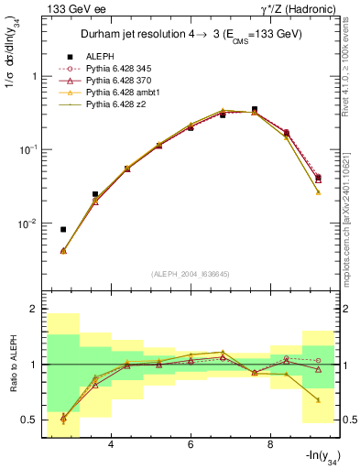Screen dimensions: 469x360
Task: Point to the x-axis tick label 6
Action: [x=191, y=445]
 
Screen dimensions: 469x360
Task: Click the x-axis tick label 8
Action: [x=270, y=445]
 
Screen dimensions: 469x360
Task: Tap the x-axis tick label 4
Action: [x=111, y=445]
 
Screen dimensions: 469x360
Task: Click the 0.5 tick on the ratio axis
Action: [x=28, y=420]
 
